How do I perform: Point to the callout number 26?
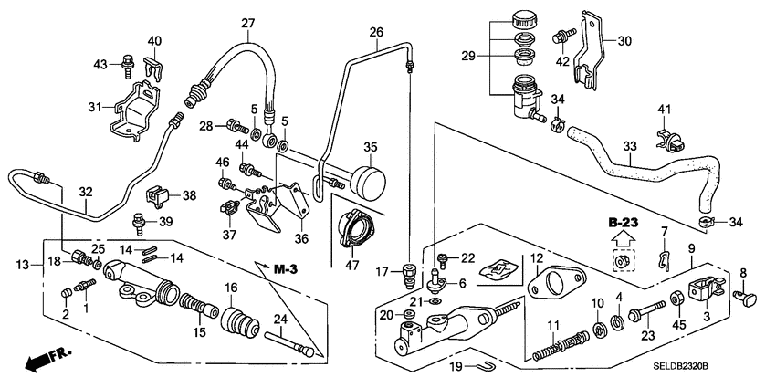[376, 33]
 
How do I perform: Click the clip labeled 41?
[666, 140]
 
